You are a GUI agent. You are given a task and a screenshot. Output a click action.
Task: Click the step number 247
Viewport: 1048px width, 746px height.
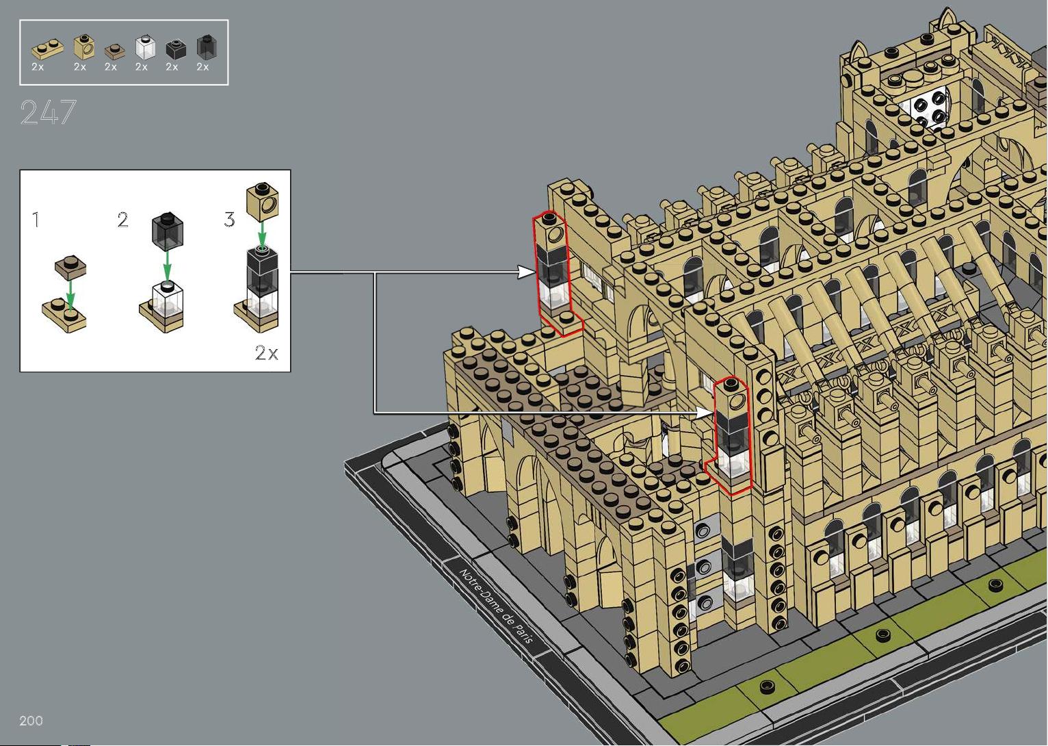click(x=48, y=112)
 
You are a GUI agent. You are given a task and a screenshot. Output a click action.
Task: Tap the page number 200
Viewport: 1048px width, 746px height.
click(x=31, y=721)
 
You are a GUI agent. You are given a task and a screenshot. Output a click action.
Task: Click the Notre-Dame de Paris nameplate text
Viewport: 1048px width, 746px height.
click(x=497, y=606)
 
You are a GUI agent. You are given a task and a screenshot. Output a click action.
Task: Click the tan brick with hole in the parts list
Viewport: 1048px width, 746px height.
click(x=84, y=47)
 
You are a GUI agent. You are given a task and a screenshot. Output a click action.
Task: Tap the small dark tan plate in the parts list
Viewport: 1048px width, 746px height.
click(x=114, y=51)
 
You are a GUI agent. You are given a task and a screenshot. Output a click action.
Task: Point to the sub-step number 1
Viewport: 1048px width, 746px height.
click(x=36, y=220)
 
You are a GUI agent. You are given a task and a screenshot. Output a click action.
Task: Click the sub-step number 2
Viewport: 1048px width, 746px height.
click(x=122, y=220)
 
